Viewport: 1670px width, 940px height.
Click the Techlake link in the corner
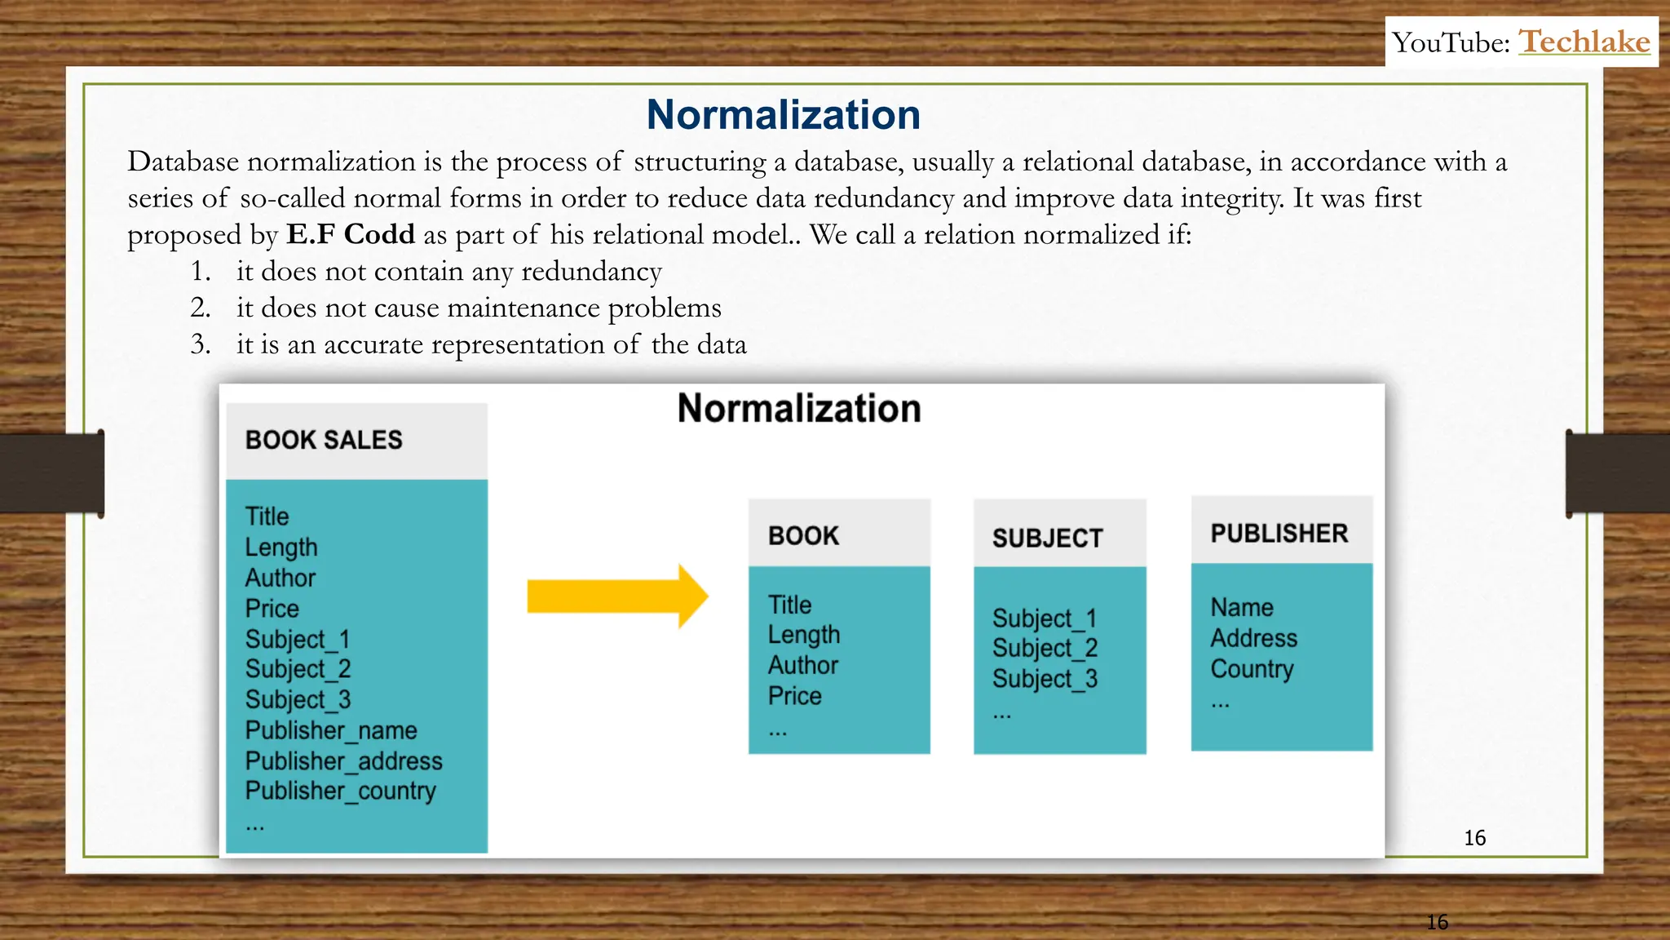coord(1584,42)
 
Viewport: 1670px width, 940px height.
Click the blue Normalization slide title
coord(783,115)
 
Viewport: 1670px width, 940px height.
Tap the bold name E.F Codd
coord(351,235)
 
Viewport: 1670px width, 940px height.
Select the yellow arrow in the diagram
coord(616,596)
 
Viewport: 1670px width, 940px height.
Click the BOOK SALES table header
coord(324,441)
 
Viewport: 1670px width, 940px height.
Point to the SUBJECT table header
coord(1047,539)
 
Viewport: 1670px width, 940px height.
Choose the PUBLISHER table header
coord(1279,534)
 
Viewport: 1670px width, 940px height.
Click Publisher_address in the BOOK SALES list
coord(343,761)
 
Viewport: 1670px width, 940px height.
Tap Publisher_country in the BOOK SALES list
coord(340,791)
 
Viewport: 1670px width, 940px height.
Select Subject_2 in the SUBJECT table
coord(1045,649)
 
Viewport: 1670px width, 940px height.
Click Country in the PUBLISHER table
coord(1252,669)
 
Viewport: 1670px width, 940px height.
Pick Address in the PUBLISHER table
coord(1253,638)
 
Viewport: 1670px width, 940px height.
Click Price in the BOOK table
coord(794,696)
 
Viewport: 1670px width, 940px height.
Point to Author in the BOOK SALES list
coord(280,578)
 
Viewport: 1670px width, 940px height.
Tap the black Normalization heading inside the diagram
coord(798,409)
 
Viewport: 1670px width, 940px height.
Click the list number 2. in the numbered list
coord(201,308)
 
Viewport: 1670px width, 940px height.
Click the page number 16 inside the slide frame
coord(1474,838)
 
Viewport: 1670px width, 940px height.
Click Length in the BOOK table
coord(803,635)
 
